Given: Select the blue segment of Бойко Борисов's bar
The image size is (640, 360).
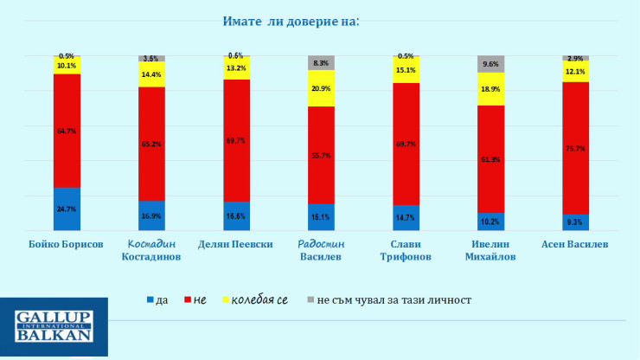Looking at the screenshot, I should coord(67,209).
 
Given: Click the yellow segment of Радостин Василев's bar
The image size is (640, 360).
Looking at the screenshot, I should coord(321,88).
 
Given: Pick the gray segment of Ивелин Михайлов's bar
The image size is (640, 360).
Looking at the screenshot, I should coord(490,63).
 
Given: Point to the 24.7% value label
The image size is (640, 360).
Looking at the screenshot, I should coord(67,209).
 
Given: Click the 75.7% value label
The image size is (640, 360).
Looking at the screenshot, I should coord(575,149).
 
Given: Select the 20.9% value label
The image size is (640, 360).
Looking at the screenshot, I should coord(321,89).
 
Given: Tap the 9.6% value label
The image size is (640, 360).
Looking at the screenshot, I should coord(490,63).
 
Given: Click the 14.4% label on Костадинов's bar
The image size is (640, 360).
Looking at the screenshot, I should coord(151,75).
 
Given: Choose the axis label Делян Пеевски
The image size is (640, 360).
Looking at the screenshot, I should coord(236,245).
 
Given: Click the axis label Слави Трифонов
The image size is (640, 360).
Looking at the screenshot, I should coord(406,250).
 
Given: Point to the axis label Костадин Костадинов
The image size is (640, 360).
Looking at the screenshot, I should coord(151,250).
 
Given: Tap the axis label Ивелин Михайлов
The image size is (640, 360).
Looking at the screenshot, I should coord(490,250).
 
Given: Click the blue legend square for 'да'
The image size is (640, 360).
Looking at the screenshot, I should coord(151,299).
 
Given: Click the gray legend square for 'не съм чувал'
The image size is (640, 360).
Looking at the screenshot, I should coord(310,299).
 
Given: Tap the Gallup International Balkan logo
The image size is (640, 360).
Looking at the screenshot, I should coord(54,327).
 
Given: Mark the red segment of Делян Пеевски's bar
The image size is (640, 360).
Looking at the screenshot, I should coord(236,140).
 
